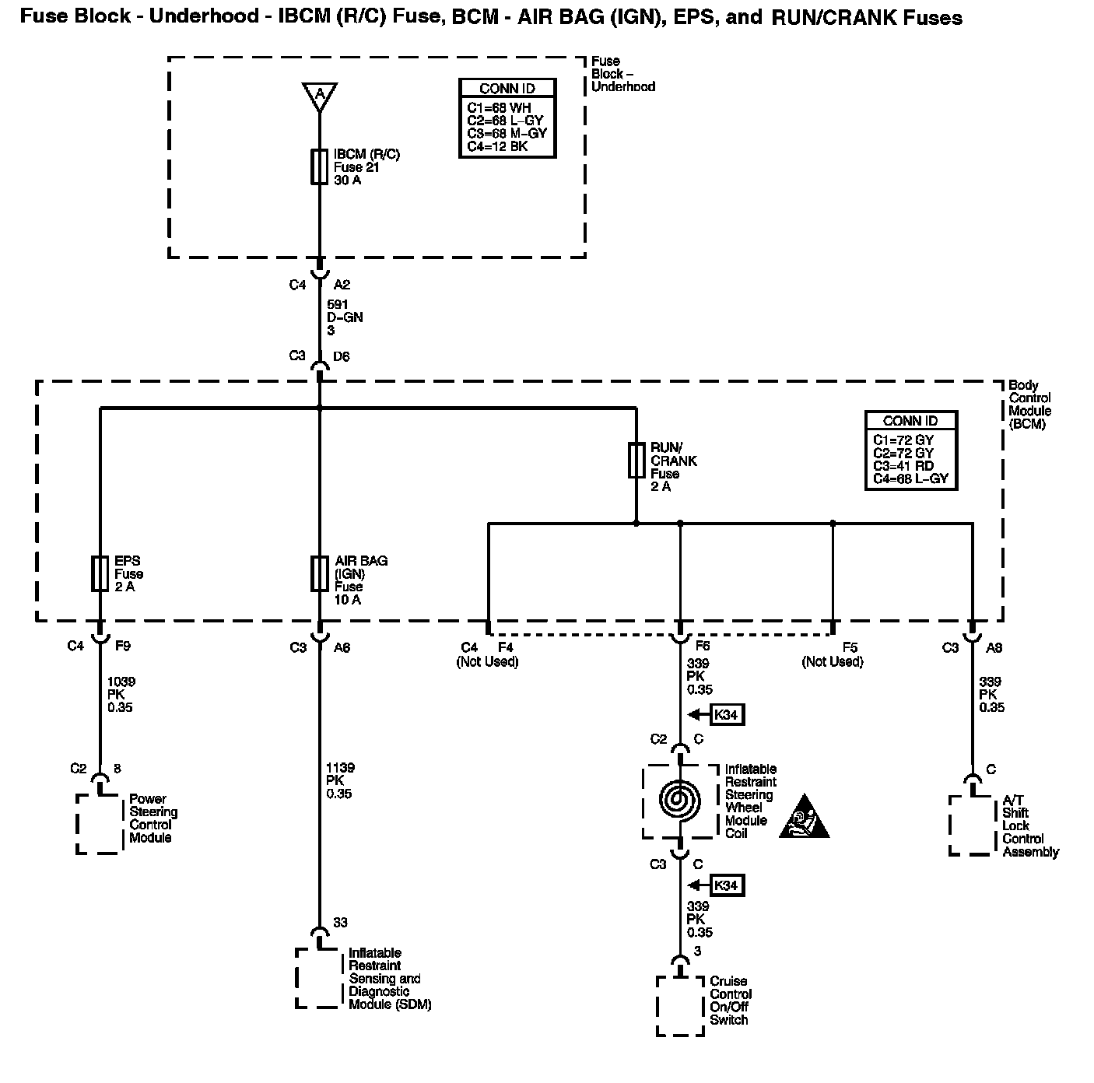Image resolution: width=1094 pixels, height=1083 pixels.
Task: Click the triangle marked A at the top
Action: (x=319, y=95)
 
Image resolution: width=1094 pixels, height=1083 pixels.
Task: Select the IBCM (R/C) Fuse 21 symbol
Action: (x=319, y=166)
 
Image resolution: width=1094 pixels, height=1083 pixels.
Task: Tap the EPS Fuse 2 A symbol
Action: (x=100, y=573)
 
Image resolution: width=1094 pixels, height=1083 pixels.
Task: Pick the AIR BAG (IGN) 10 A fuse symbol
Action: (x=319, y=573)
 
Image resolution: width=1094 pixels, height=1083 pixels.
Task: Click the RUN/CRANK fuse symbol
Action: (x=636, y=460)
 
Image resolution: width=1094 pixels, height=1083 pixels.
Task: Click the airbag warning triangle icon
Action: (x=804, y=818)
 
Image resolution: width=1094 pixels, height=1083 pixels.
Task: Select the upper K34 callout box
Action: (x=725, y=714)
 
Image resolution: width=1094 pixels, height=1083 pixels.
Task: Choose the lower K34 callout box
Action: (x=725, y=885)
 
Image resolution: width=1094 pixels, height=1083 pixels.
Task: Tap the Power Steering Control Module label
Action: (x=153, y=818)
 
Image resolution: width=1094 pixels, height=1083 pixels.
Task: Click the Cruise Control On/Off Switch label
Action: (x=731, y=1001)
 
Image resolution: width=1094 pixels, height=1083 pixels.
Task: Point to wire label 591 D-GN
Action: (x=344, y=317)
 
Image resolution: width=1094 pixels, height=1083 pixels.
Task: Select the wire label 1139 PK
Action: (x=338, y=781)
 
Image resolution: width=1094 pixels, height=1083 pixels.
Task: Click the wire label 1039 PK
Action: (x=120, y=695)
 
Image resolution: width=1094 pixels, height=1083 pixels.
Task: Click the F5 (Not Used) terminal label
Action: (x=833, y=654)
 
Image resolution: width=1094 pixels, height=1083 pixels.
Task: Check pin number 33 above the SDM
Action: (x=340, y=923)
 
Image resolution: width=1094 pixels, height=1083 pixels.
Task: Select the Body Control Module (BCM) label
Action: (x=1030, y=405)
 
